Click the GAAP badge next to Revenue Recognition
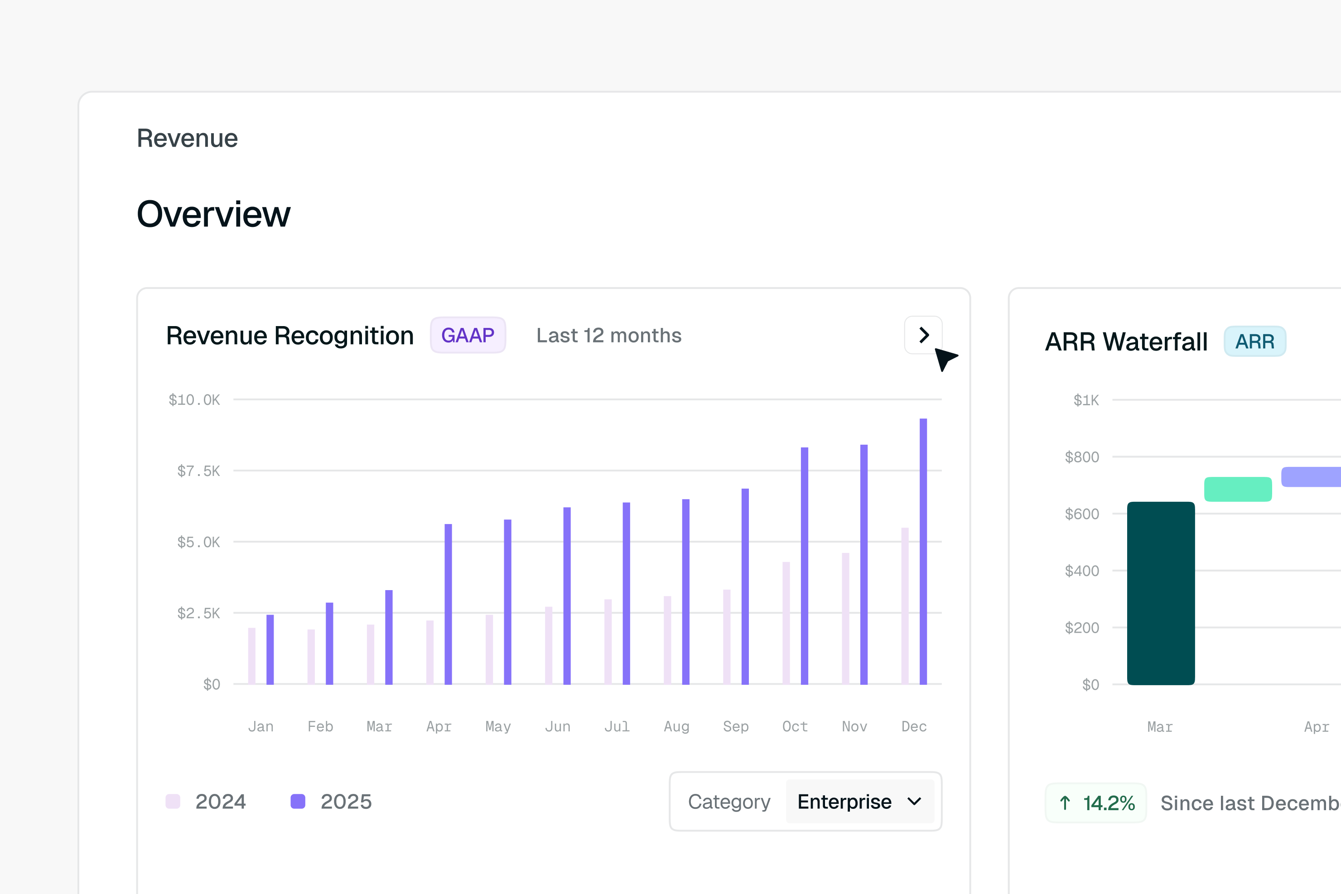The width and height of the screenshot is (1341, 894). tap(468, 335)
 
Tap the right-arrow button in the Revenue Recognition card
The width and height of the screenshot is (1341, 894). tap(923, 335)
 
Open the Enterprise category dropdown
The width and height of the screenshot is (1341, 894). tap(859, 802)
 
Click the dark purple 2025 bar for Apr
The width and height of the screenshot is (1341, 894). tap(449, 604)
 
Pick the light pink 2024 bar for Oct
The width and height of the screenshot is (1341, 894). tap(786, 623)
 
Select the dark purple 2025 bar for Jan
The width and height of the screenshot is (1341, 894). tap(270, 649)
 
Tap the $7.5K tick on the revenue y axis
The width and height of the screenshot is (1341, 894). tap(198, 471)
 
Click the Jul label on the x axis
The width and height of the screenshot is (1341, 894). tap(617, 726)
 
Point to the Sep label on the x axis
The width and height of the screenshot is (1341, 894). tap(736, 726)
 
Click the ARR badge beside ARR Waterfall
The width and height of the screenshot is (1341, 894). tap(1255, 341)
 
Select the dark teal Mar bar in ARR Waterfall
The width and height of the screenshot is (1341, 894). tap(1161, 593)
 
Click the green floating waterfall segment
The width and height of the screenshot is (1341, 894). tap(1238, 489)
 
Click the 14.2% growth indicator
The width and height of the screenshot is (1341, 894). tap(1096, 803)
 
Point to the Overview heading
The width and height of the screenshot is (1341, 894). tap(213, 214)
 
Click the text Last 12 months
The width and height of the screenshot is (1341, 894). tap(608, 335)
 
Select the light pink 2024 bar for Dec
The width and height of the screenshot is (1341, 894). tap(905, 606)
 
